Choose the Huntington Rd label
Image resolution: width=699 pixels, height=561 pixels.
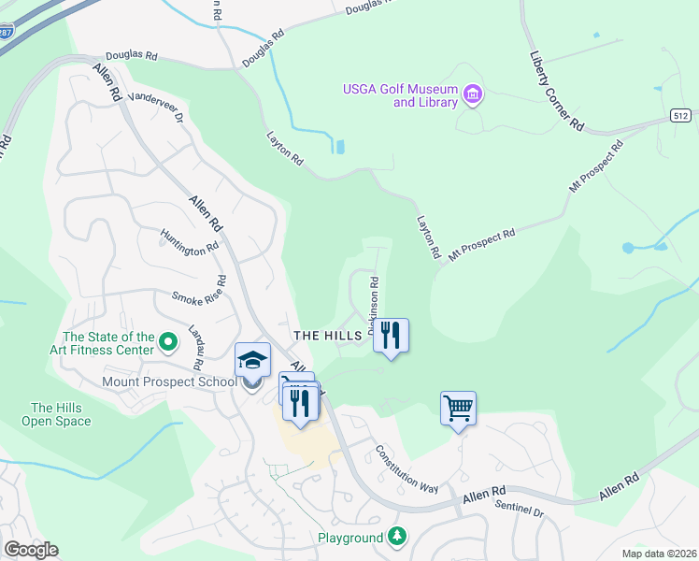189,242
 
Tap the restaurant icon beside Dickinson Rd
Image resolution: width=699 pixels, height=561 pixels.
391,335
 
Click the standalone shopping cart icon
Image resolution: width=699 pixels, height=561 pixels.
458,408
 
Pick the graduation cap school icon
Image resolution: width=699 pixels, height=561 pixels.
252,359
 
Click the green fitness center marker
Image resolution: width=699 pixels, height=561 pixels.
168,343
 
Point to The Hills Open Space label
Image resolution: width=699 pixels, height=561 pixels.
61,414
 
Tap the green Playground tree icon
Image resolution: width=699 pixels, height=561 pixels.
397,537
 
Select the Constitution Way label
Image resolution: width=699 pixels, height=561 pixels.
407,467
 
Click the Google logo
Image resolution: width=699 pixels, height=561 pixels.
31,550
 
